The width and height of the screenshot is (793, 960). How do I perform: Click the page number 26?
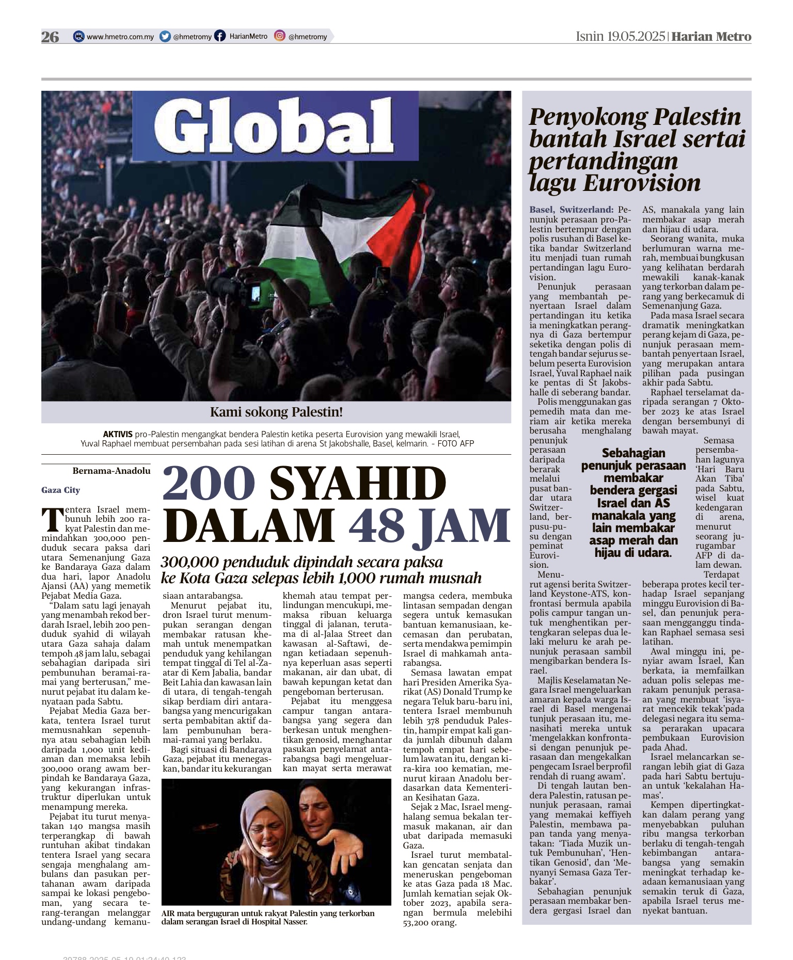click(50, 37)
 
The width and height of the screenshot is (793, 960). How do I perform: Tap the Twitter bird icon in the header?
click(165, 36)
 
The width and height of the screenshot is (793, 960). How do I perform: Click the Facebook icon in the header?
click(220, 36)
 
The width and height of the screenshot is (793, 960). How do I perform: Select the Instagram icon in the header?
click(279, 36)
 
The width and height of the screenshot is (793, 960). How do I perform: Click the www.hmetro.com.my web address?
click(120, 37)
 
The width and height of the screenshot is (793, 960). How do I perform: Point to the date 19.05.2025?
click(636, 36)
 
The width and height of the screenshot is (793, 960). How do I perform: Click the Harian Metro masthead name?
click(711, 36)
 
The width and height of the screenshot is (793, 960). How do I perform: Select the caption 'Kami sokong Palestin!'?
click(276, 412)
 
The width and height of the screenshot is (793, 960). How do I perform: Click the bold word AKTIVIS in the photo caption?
click(118, 434)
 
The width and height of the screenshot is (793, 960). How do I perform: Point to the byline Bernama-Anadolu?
click(112, 471)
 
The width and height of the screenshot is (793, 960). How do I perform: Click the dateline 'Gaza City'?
click(60, 490)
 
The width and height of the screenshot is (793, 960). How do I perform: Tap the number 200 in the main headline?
click(209, 484)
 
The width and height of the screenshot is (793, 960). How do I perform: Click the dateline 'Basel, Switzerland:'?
click(572, 210)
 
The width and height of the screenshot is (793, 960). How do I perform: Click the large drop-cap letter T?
click(52, 519)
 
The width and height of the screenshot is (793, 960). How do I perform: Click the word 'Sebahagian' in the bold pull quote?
click(633, 453)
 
